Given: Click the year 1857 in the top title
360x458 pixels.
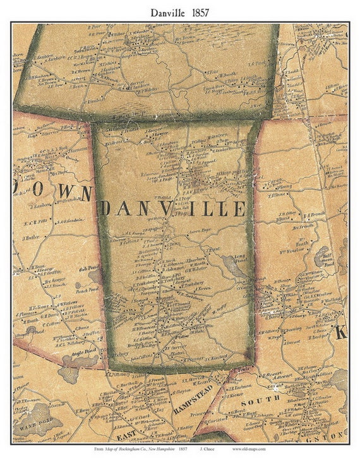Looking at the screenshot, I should coord(200,12).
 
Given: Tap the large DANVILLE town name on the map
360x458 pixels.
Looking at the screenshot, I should coord(172,208).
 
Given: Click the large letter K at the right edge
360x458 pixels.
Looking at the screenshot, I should coord(341,332).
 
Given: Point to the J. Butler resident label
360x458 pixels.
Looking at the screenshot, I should coord(32,238).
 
